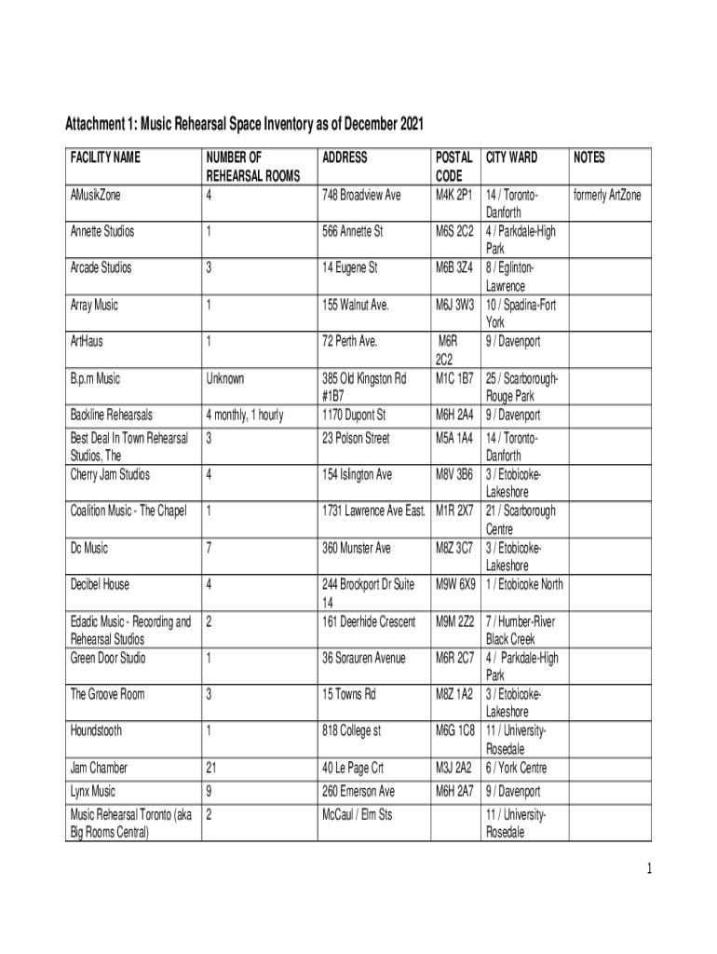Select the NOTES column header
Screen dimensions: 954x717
pos(589,158)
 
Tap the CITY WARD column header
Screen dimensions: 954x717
pos(511,158)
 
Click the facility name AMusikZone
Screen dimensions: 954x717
pos(96,196)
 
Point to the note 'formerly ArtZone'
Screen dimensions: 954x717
pos(607,196)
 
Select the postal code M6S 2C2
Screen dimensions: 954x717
pos(454,232)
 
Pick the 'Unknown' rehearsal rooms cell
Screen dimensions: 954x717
pos(224,379)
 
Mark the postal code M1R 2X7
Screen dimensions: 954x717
pos(454,511)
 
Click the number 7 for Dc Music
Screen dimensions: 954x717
pos(209,549)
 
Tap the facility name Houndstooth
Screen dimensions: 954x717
pos(96,731)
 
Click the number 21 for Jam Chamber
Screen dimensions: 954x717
pos(211,769)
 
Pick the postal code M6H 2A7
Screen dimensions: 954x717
pos(454,792)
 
